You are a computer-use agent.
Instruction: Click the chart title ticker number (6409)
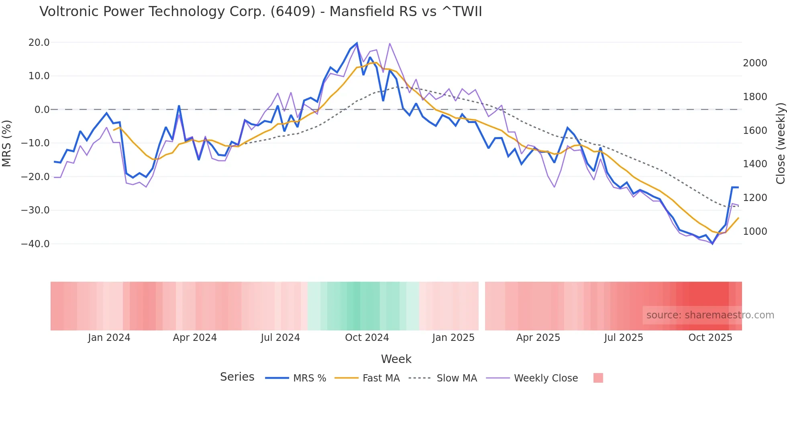[x=293, y=12]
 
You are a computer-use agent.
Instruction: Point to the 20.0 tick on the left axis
[x=39, y=43]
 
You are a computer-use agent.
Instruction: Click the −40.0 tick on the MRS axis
[x=35, y=244]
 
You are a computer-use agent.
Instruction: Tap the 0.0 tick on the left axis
[x=42, y=110]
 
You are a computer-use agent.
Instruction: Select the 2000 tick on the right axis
[x=755, y=63]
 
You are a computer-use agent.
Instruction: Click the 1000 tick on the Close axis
[x=755, y=232]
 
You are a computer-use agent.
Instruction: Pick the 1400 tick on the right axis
[x=755, y=164]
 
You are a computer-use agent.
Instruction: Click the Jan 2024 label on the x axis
[x=109, y=338]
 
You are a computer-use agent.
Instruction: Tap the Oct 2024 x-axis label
[x=367, y=338]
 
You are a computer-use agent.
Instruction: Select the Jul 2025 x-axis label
[x=624, y=338]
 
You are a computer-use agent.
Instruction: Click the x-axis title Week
[x=396, y=359]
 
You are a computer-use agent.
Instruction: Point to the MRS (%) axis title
[x=7, y=143]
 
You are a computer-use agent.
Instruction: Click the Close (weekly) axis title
[x=780, y=144]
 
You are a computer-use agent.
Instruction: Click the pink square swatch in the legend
[x=598, y=378]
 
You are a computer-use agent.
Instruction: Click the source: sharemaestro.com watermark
[x=710, y=315]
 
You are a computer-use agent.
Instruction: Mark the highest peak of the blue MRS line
[x=357, y=43]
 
